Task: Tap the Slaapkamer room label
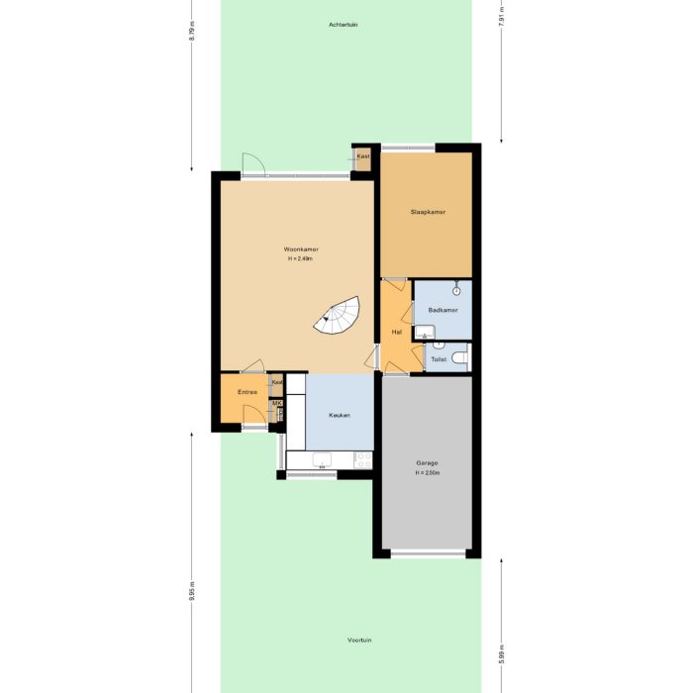(x=428, y=212)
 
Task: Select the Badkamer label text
(x=443, y=310)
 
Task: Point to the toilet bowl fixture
(x=459, y=359)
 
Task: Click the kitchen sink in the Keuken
(x=322, y=460)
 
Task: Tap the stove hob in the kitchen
(x=363, y=459)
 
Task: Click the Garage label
(x=427, y=463)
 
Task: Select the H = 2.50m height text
(x=427, y=472)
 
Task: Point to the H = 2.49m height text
(x=300, y=258)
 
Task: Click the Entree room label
(x=247, y=392)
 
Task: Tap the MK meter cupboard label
(x=277, y=404)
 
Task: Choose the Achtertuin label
(x=343, y=24)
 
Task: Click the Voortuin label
(x=359, y=641)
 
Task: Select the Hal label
(x=396, y=332)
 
